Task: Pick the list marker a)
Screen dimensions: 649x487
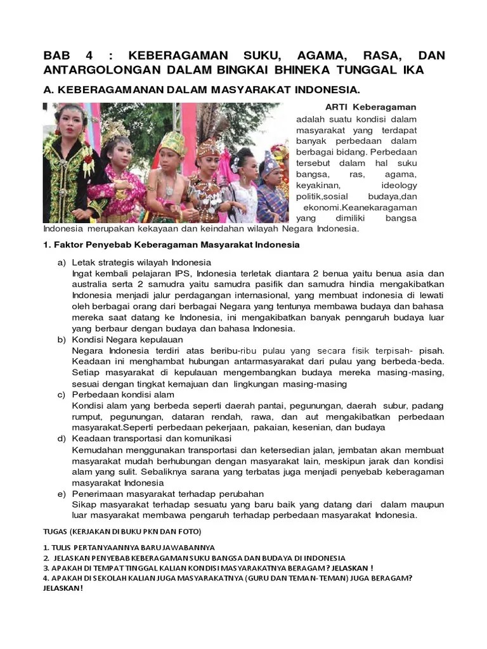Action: pyautogui.click(x=62, y=262)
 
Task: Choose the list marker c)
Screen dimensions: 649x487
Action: pyautogui.click(x=62, y=395)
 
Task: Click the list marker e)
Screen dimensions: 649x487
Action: pyautogui.click(x=62, y=494)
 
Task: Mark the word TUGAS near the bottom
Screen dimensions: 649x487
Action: pyautogui.click(x=56, y=531)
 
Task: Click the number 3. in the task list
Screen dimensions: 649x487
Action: pyautogui.click(x=46, y=567)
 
